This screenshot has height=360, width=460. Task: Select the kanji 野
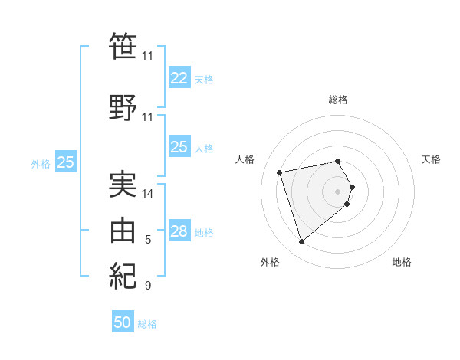pyautogui.click(x=123, y=109)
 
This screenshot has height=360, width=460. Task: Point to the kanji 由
pyautogui.click(x=123, y=231)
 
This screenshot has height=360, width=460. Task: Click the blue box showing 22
pyautogui.click(x=179, y=78)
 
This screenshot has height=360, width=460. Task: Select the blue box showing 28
pyautogui.click(x=179, y=231)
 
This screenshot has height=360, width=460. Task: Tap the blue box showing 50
pyautogui.click(x=123, y=322)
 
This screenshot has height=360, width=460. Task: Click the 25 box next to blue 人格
pyautogui.click(x=179, y=147)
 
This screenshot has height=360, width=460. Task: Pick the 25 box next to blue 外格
pyautogui.click(x=66, y=162)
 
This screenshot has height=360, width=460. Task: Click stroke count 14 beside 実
pyautogui.click(x=148, y=194)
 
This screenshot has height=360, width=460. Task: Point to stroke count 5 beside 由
pyautogui.click(x=148, y=240)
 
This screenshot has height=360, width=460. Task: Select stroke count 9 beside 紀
pyautogui.click(x=148, y=286)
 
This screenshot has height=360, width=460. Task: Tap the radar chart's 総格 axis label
pyautogui.click(x=337, y=100)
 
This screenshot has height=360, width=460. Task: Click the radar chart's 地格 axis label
pyautogui.click(x=402, y=262)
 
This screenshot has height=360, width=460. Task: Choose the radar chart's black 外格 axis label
pyautogui.click(x=270, y=262)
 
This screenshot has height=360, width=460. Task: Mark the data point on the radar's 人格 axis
pyautogui.click(x=280, y=172)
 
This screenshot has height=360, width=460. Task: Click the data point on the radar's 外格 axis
pyautogui.click(x=301, y=241)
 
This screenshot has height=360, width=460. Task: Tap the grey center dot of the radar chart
pyautogui.click(x=337, y=191)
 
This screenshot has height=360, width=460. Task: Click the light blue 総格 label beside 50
pyautogui.click(x=147, y=324)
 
